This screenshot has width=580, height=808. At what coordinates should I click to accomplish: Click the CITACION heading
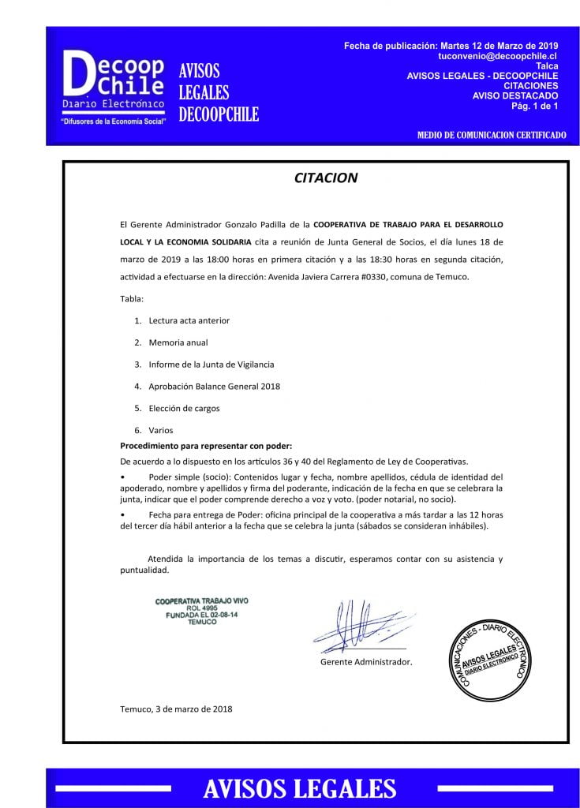tap(325, 178)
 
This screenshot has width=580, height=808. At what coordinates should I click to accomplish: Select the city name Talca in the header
tap(546, 67)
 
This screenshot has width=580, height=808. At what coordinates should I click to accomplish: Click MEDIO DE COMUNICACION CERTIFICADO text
tap(491, 136)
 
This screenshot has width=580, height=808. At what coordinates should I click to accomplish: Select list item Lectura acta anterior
tap(189, 320)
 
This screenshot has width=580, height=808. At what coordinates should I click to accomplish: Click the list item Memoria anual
tap(178, 342)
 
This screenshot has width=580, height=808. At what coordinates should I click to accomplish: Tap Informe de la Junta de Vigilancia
tap(211, 365)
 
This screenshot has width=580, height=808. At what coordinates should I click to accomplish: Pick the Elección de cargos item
tap(184, 409)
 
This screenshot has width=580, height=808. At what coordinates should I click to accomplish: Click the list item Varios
tap(160, 430)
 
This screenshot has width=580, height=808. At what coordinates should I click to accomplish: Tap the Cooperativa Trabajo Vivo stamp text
tap(201, 612)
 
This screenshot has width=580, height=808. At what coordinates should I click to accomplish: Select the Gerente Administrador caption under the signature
tap(366, 662)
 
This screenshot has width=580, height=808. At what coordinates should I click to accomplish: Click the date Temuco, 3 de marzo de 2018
tap(176, 709)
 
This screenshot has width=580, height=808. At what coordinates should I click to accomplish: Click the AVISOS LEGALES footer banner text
tap(299, 787)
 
